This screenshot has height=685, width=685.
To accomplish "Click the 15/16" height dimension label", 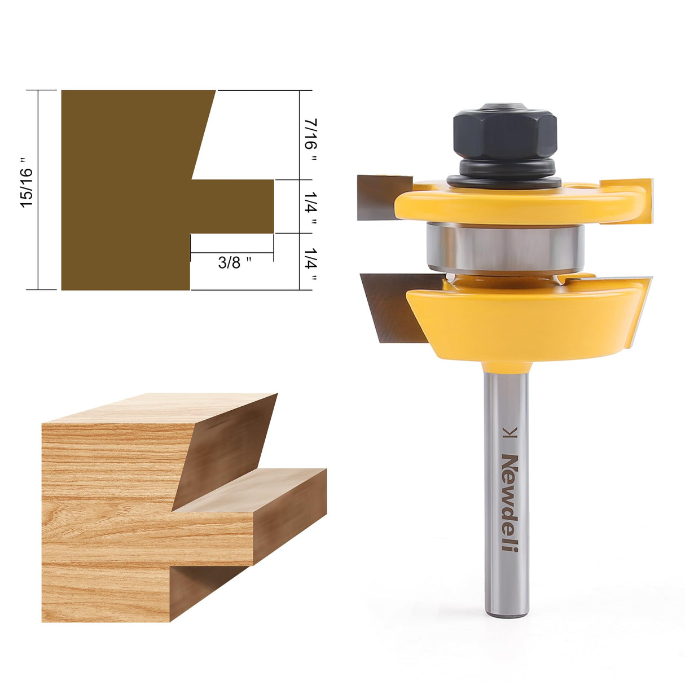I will click(27, 187).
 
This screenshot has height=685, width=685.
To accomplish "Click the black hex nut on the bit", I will click(504, 133).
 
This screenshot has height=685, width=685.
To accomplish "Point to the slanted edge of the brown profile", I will click(204, 135).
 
